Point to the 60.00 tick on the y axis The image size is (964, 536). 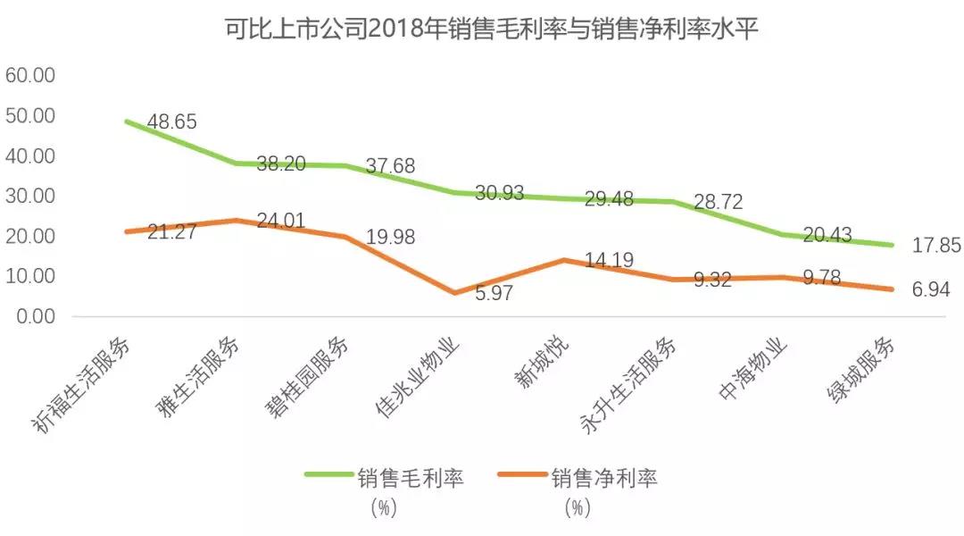tap(31, 75)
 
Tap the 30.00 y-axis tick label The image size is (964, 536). tap(31, 196)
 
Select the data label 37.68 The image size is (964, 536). tap(390, 167)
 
